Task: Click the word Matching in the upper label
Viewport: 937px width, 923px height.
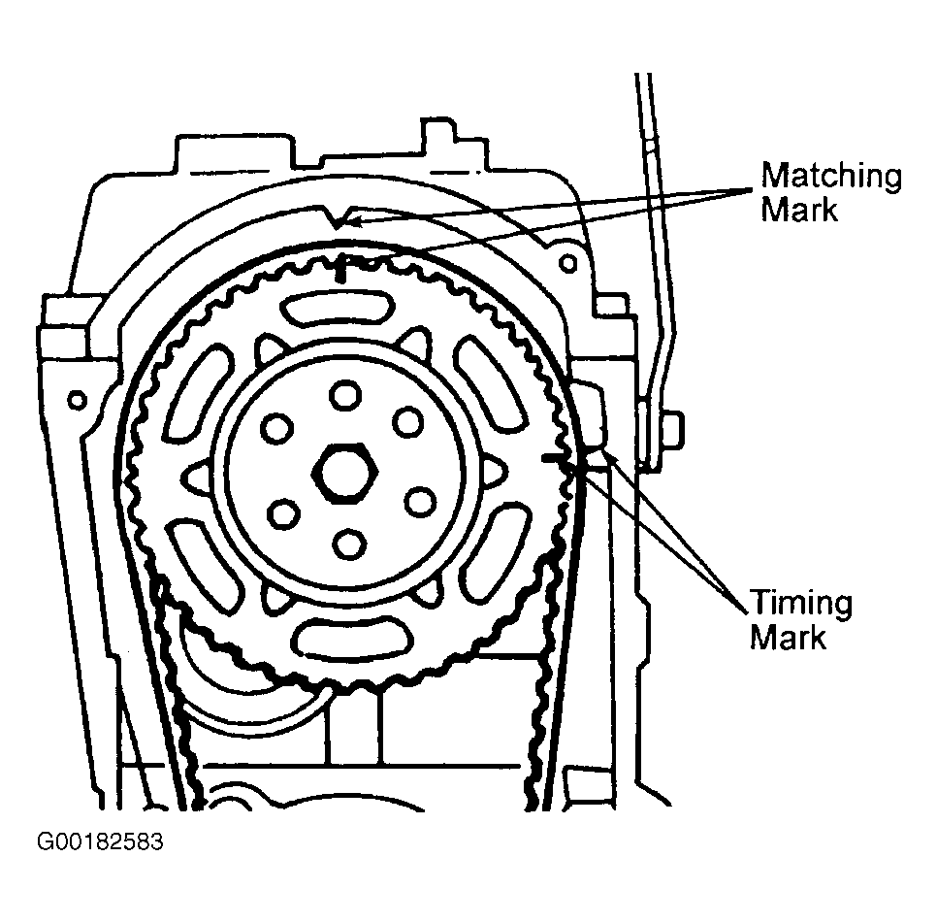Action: click(x=831, y=177)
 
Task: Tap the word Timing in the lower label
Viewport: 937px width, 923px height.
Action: click(x=799, y=604)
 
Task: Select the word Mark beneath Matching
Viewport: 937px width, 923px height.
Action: click(x=799, y=210)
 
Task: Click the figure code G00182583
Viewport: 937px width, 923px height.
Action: click(x=100, y=841)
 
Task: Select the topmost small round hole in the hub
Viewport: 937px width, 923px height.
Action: click(x=342, y=395)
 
